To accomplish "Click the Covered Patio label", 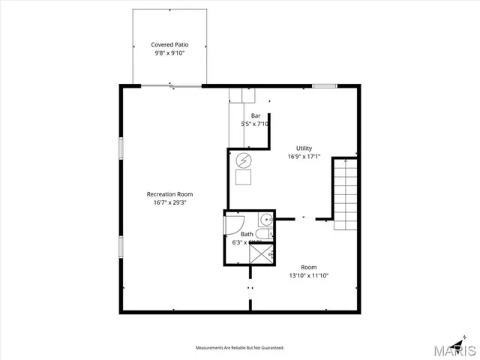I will (169, 45).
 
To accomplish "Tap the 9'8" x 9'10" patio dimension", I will (169, 53).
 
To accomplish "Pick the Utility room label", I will (304, 148).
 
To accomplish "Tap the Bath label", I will (247, 234).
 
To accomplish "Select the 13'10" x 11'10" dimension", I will (309, 275).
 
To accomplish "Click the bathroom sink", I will (265, 220).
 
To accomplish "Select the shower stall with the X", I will (262, 254).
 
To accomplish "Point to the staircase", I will (346, 194).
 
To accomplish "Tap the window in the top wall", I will (324, 85).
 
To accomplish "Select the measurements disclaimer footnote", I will (240, 348).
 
